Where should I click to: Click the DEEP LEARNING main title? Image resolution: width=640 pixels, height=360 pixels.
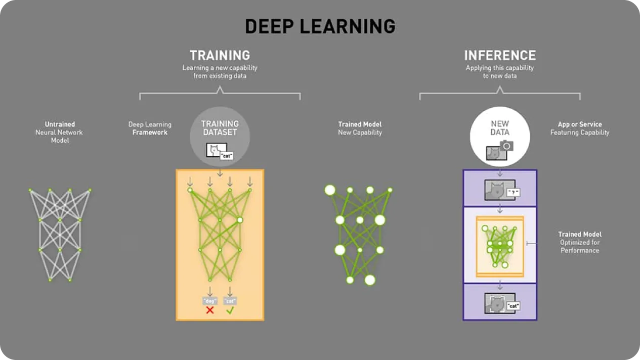(320, 26)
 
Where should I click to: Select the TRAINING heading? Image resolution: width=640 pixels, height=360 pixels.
(220, 55)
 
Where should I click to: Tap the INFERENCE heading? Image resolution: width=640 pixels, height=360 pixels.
(500, 55)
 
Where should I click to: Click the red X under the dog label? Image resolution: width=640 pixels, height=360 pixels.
(210, 310)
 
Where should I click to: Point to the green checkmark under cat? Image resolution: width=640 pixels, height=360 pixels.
(230, 310)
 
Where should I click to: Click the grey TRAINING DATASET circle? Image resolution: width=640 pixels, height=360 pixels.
(220, 136)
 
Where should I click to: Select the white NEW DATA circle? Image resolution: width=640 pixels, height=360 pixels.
(500, 136)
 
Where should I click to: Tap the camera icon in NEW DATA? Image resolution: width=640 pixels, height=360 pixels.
(506, 146)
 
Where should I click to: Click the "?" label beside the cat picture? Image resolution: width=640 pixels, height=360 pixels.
(513, 193)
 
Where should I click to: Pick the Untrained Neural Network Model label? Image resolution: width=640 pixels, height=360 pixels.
(59, 132)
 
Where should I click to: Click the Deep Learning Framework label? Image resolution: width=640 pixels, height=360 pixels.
(150, 128)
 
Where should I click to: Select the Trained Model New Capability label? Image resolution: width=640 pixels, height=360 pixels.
(360, 128)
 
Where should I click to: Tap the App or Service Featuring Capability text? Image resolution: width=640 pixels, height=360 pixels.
(580, 128)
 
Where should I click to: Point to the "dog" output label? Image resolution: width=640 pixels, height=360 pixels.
(210, 301)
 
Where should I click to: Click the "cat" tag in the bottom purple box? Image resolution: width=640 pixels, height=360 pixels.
(513, 306)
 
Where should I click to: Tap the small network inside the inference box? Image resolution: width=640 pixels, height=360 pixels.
(500, 246)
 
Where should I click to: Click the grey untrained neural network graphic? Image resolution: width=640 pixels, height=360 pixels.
(60, 235)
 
